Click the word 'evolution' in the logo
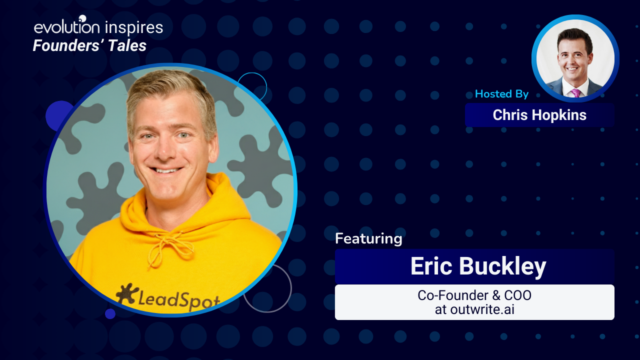67,27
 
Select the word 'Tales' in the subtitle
127,45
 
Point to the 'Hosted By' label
501,93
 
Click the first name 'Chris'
510,115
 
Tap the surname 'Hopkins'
559,115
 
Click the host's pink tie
575,93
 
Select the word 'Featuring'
368,239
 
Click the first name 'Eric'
431,266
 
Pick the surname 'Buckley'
502,267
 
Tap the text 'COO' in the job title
517,295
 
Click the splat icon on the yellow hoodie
125,293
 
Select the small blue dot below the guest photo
110,313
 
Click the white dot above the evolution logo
82,18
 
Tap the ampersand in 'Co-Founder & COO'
496,295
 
